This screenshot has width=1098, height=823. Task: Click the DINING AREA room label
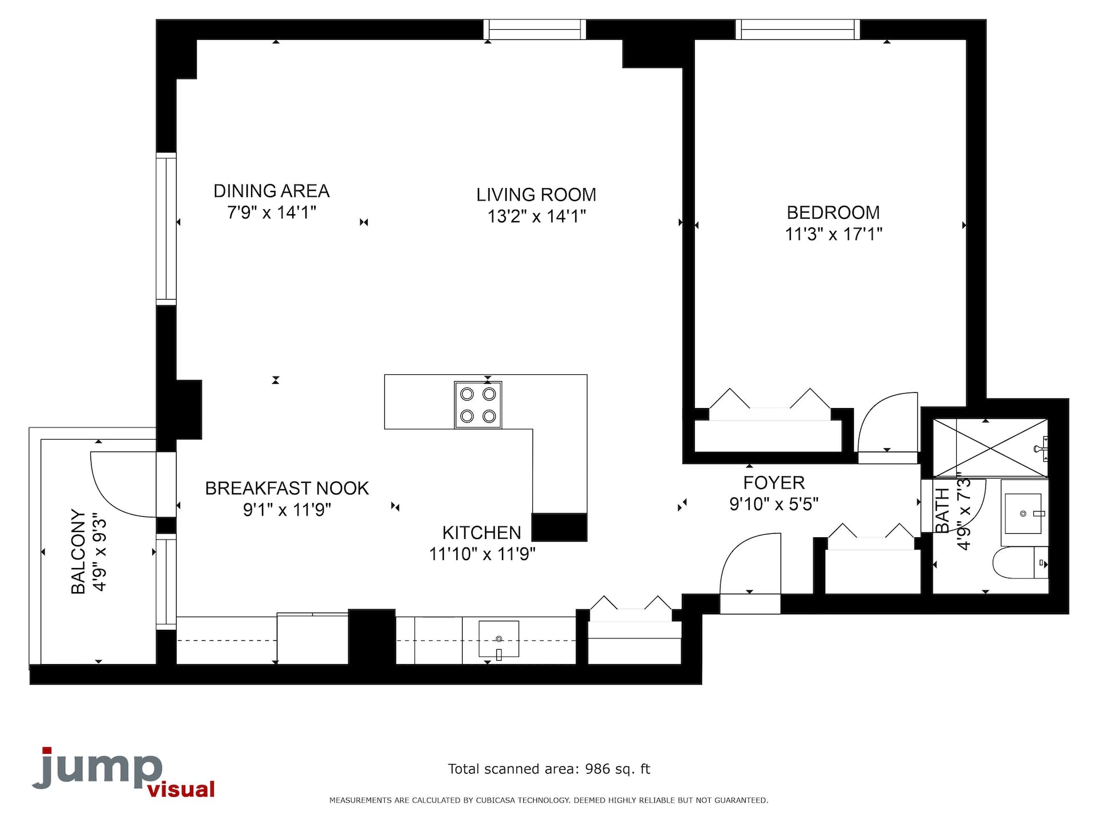pyautogui.click(x=272, y=191)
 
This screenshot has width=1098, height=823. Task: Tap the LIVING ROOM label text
pyautogui.click(x=536, y=195)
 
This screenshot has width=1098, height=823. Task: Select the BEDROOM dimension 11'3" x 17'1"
pyautogui.click(x=834, y=234)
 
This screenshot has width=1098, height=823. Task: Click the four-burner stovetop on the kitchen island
pyautogui.click(x=478, y=405)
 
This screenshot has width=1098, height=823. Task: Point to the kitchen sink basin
pyautogui.click(x=499, y=639)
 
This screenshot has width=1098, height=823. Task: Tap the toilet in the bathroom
pyautogui.click(x=1021, y=562)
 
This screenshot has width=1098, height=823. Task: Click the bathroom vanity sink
pyautogui.click(x=1024, y=513)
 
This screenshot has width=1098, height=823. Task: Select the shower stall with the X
pyautogui.click(x=990, y=448)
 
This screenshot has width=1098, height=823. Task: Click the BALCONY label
pyautogui.click(x=78, y=552)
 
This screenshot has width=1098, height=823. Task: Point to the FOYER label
pyautogui.click(x=774, y=483)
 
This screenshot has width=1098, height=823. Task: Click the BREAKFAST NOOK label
pyautogui.click(x=287, y=489)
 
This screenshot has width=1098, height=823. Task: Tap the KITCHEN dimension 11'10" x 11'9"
pyautogui.click(x=482, y=554)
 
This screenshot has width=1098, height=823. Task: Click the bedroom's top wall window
pyautogui.click(x=797, y=29)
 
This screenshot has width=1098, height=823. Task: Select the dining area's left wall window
pyautogui.click(x=166, y=229)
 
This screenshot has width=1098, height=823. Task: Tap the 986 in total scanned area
pyautogui.click(x=598, y=769)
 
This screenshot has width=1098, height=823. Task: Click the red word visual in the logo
pyautogui.click(x=181, y=789)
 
